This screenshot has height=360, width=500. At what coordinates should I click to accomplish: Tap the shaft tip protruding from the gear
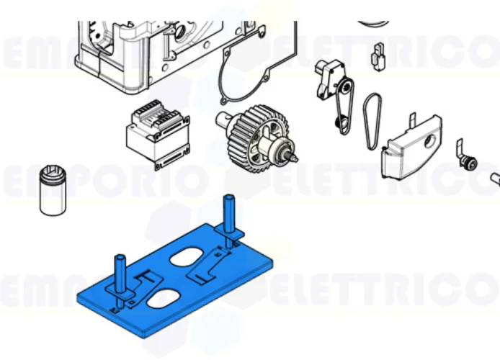[293, 153]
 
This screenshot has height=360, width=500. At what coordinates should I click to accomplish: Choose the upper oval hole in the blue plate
[192, 256]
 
